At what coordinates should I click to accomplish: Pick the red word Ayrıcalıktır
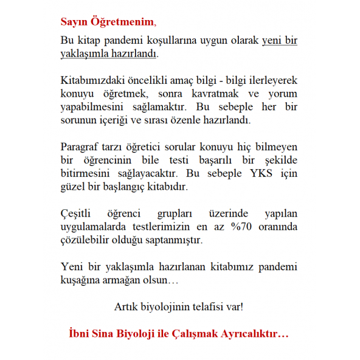[253, 334]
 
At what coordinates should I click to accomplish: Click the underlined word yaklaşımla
[87, 54]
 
